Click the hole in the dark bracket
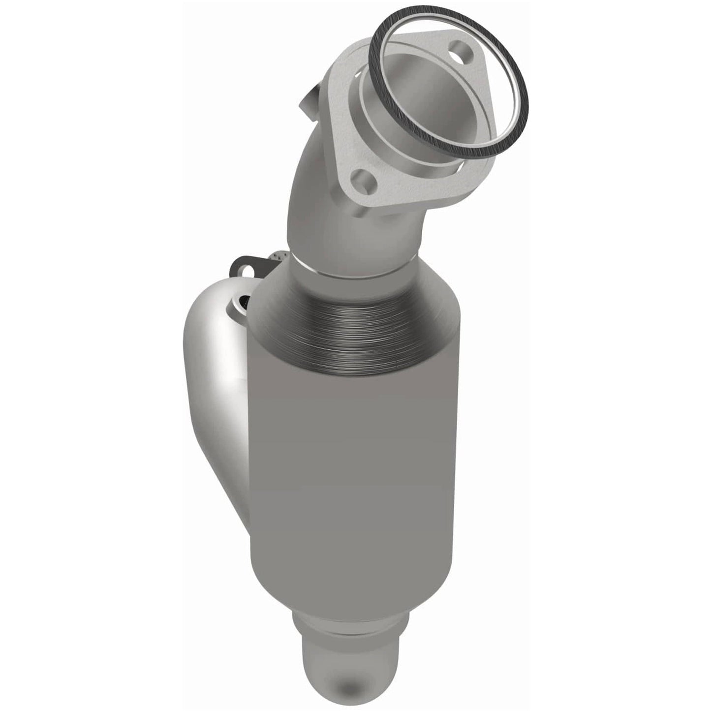pyautogui.click(x=242, y=270)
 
